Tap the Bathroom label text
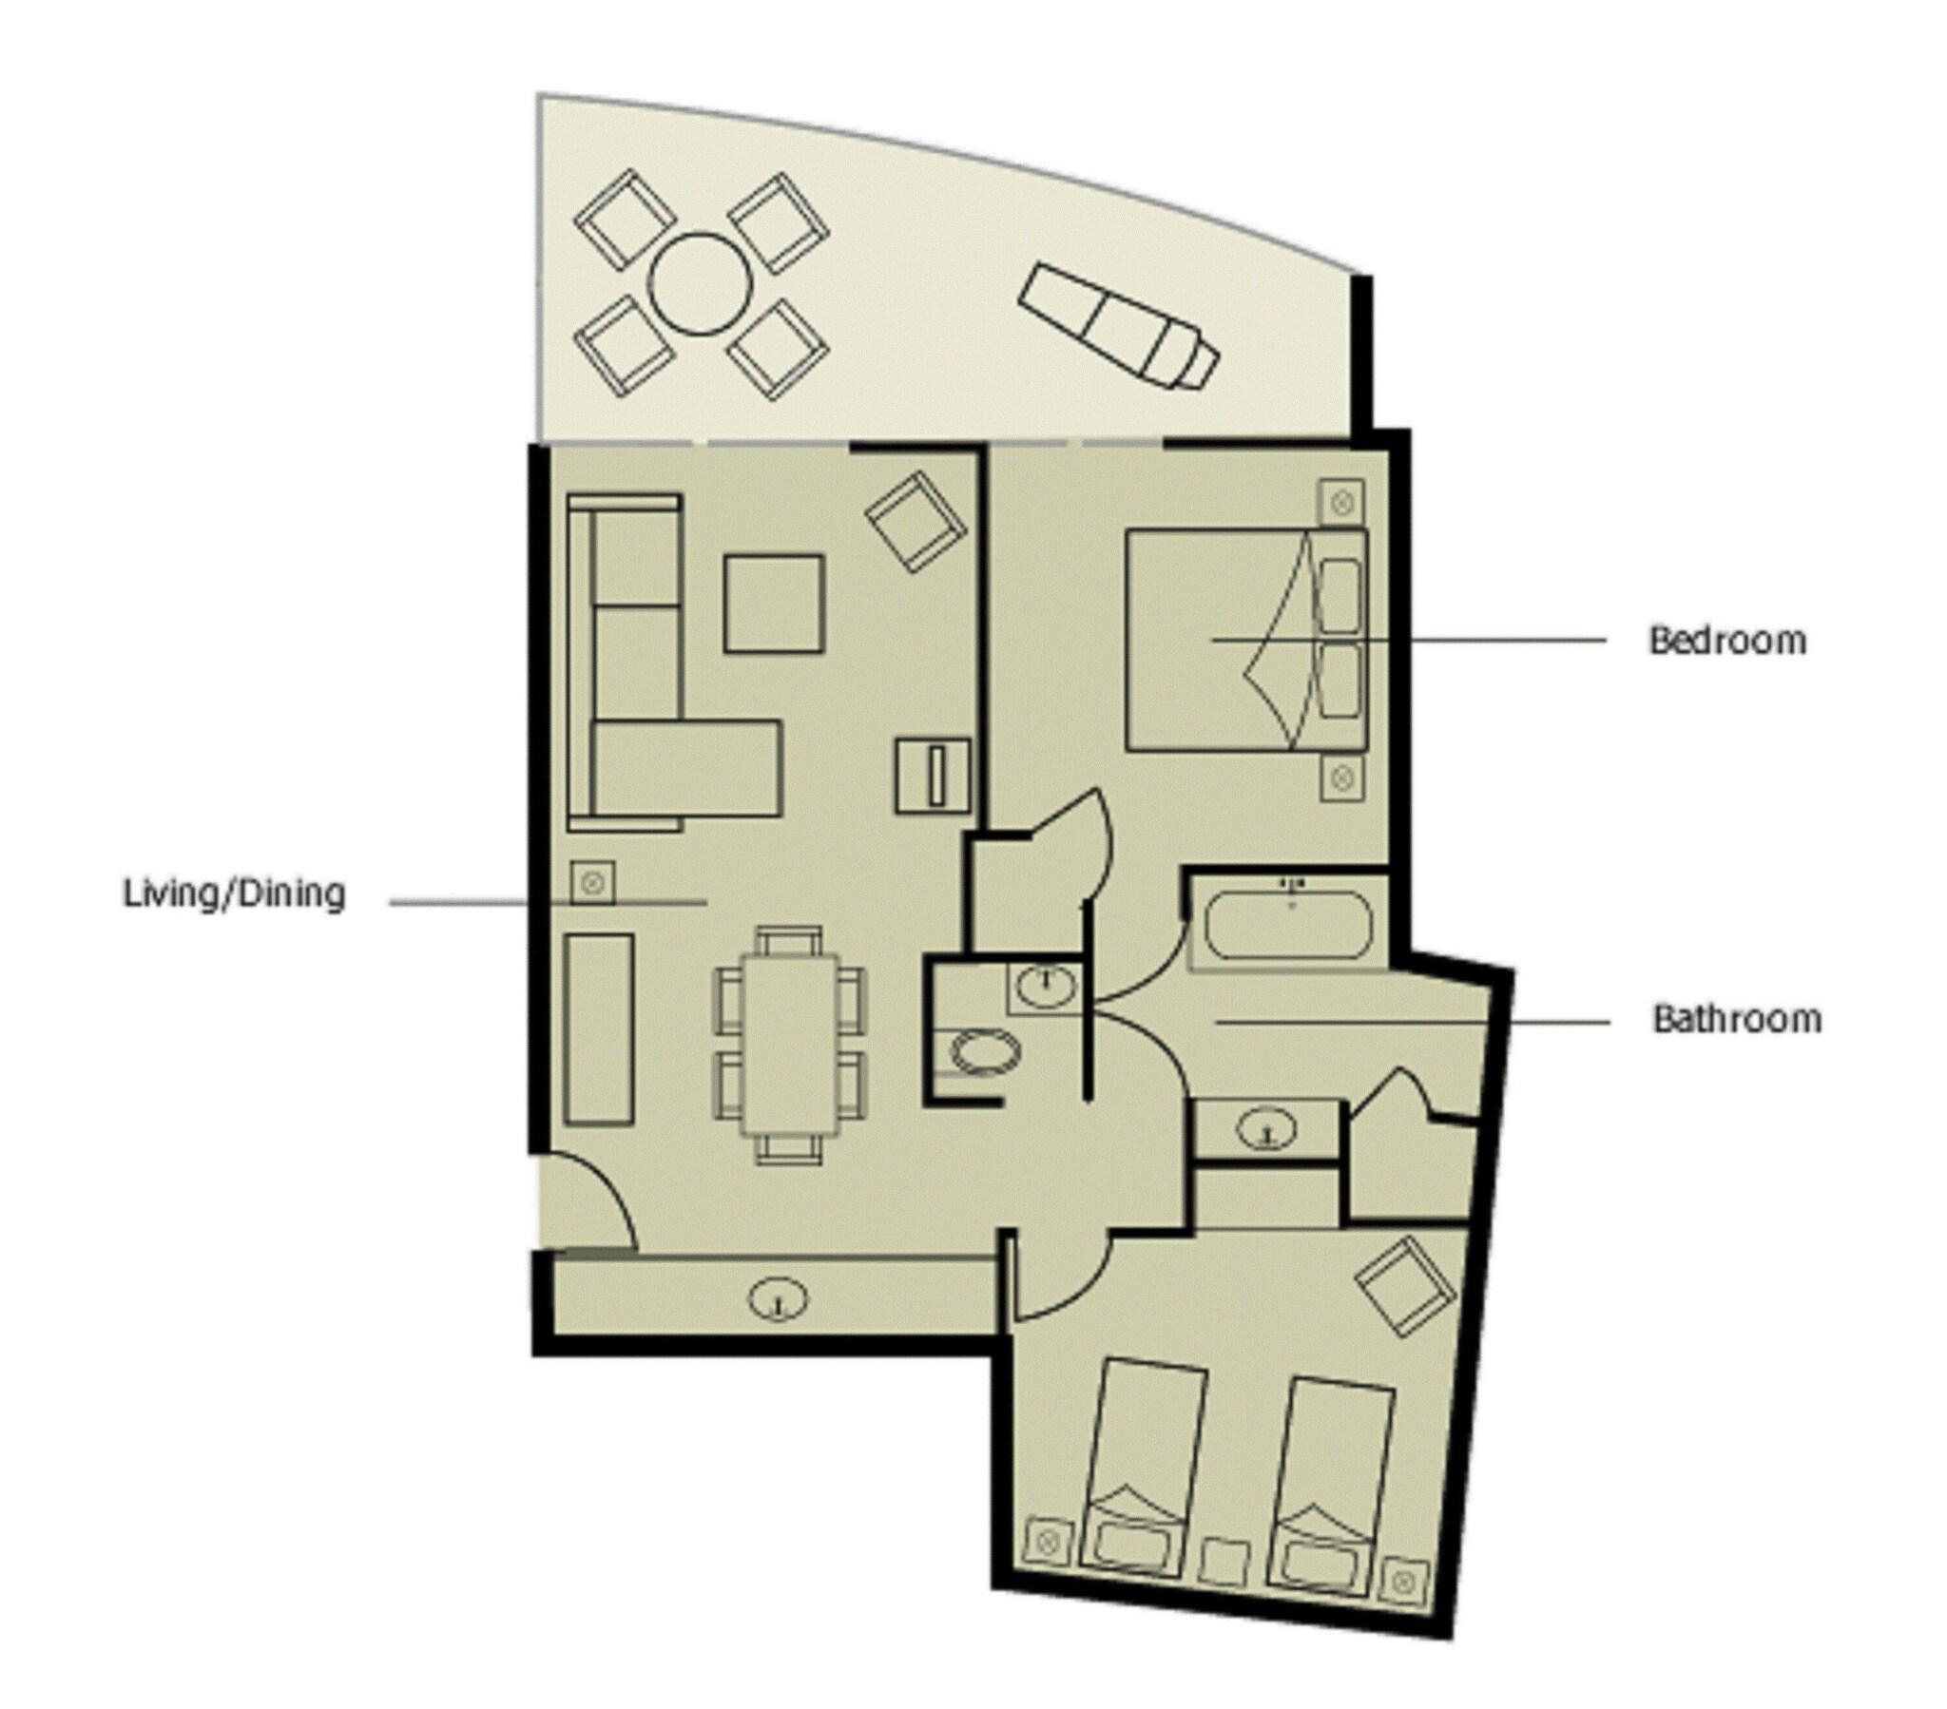click(1736, 1019)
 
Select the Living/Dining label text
click(234, 894)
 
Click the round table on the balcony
click(700, 284)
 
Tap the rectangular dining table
click(791, 1044)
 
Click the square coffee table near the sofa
click(773, 604)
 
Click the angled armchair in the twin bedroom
click(1405, 1286)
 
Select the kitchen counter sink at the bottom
click(779, 1299)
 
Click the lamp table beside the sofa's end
click(591, 882)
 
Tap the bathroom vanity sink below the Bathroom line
click(1267, 1130)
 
